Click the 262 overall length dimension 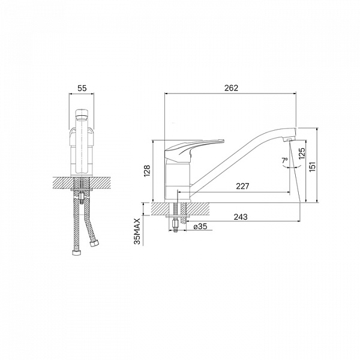pyautogui.click(x=231, y=88)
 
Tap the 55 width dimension pyautogui.click(x=82, y=88)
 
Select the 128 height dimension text pyautogui.click(x=146, y=171)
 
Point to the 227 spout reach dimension pyautogui.click(x=242, y=186)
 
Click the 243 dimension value pyautogui.click(x=241, y=217)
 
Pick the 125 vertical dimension pyautogui.click(x=302, y=154)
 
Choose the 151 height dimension pyautogui.click(x=313, y=167)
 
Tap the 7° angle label pyautogui.click(x=284, y=160)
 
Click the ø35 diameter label pyautogui.click(x=200, y=227)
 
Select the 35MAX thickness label pyautogui.click(x=137, y=231)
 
